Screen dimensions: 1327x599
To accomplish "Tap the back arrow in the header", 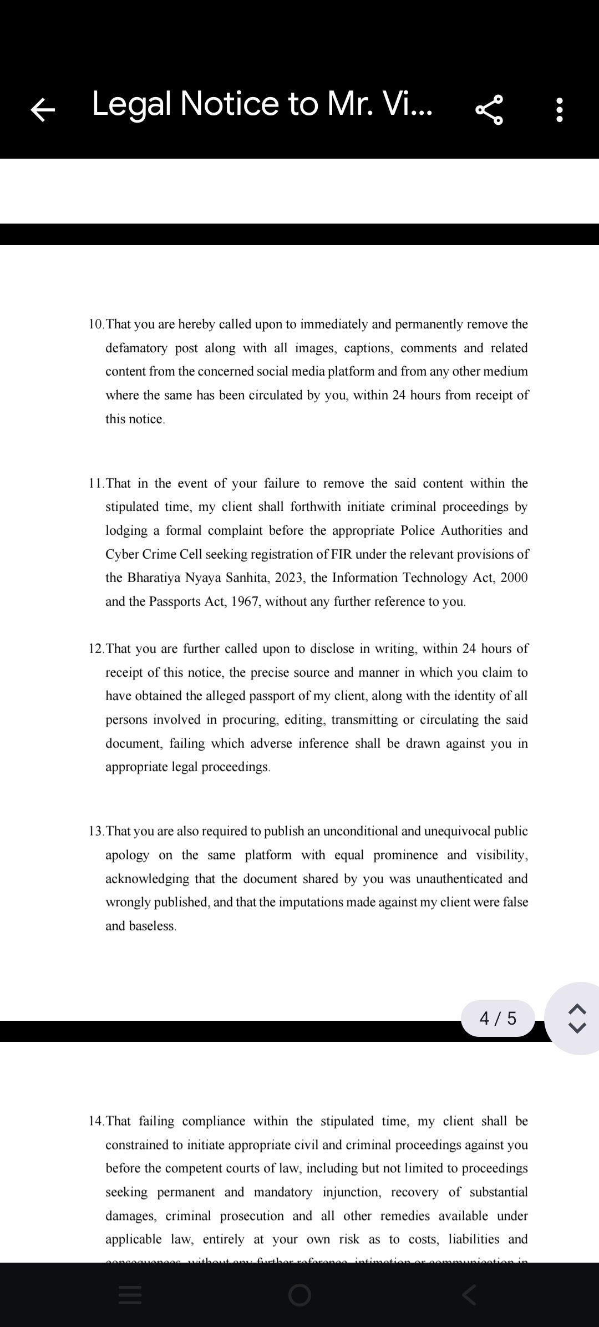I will point(43,109).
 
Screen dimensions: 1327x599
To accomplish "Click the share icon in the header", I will point(489,109).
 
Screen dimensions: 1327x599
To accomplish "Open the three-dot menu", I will point(560,110).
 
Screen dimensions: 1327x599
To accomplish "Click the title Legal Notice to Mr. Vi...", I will point(262,104).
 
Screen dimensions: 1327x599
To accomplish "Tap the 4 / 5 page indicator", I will point(498,1019).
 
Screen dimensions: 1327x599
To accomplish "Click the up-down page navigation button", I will point(577,1019).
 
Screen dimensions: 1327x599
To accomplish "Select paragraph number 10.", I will point(96,325).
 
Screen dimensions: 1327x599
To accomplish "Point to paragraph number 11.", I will point(96,484).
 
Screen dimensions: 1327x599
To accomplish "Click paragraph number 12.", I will point(96,649).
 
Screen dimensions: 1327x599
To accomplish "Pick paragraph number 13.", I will point(96,832).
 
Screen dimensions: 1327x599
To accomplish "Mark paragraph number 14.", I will point(96,1121).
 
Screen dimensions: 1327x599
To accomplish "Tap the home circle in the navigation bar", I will point(299,1295).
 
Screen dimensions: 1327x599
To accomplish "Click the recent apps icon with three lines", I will point(130,1295).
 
